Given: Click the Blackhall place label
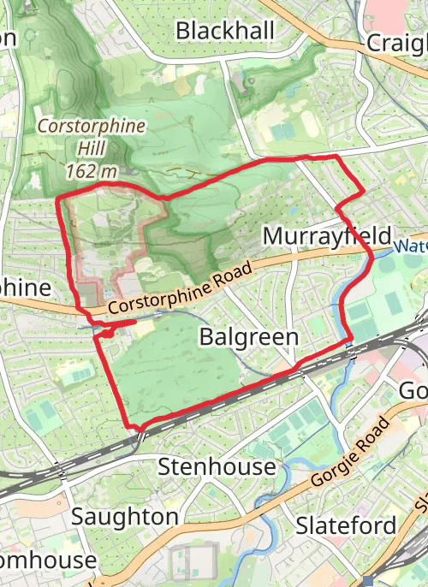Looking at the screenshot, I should click(x=225, y=31).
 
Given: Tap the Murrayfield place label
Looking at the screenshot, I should click(x=327, y=236).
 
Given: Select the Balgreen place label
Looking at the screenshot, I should click(x=248, y=337).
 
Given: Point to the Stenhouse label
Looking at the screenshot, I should click(x=217, y=466).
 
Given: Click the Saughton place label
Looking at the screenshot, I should click(x=125, y=517).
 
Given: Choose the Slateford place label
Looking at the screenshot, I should click(x=346, y=525).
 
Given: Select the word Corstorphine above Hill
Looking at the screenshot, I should click(x=92, y=127).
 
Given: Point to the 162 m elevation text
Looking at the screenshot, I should click(x=91, y=171).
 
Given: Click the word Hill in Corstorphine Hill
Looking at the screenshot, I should click(x=92, y=149).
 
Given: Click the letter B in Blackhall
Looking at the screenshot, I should click(x=182, y=31).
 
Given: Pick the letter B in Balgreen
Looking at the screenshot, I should click(x=205, y=337).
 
